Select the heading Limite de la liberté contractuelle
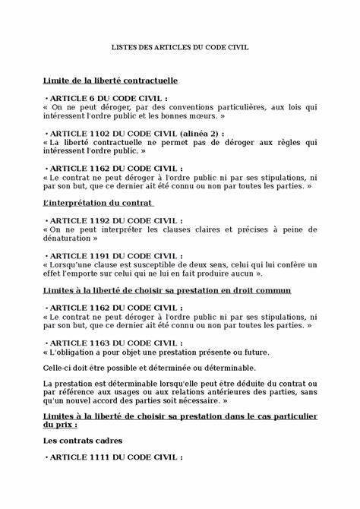tap(110, 80)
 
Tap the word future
tap(256, 352)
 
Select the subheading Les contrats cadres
tap(82, 440)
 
